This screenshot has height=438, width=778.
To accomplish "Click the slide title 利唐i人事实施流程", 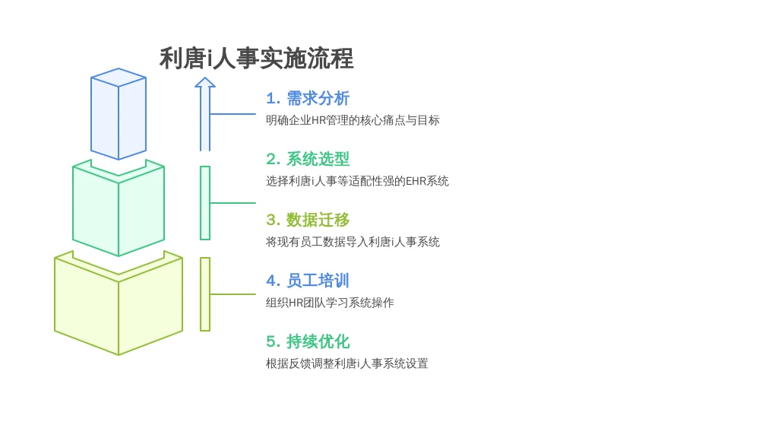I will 256,59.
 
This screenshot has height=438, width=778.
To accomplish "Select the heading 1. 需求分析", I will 308,98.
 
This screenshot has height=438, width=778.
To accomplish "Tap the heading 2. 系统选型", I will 308,159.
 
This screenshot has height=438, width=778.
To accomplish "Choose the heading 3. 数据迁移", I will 308,220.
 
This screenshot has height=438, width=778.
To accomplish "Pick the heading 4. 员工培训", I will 308,281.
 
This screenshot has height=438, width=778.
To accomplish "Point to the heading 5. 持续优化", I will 308,341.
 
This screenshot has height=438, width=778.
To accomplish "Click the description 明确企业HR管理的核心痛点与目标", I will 353,120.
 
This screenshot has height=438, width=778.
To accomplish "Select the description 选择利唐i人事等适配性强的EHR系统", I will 357,181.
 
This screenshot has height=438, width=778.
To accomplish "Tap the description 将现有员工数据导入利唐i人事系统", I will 353,242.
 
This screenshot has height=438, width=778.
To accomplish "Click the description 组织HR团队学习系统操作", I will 330,303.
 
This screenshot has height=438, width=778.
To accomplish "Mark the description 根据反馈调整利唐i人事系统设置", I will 347,363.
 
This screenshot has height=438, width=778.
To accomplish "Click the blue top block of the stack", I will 119,118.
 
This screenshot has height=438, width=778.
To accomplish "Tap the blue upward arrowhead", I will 205,83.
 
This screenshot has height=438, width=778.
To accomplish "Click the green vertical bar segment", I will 205,203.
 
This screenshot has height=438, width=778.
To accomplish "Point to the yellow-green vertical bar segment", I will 205,294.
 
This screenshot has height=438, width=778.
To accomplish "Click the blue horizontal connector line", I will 232,114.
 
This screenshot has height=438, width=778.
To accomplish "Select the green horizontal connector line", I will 232,203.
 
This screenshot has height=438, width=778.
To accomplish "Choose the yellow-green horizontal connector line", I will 232,294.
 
